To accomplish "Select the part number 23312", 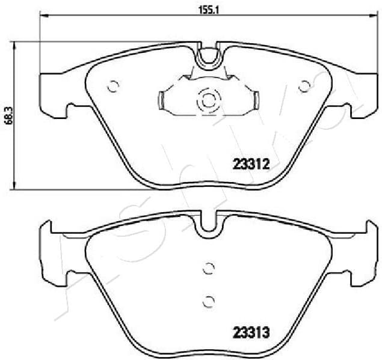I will coord(249,162).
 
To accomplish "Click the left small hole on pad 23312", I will coord(111,86).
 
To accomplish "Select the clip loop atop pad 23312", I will coord(208,58).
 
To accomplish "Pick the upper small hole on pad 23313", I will coord(208,269).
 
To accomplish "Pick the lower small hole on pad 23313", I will coord(208,300).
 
